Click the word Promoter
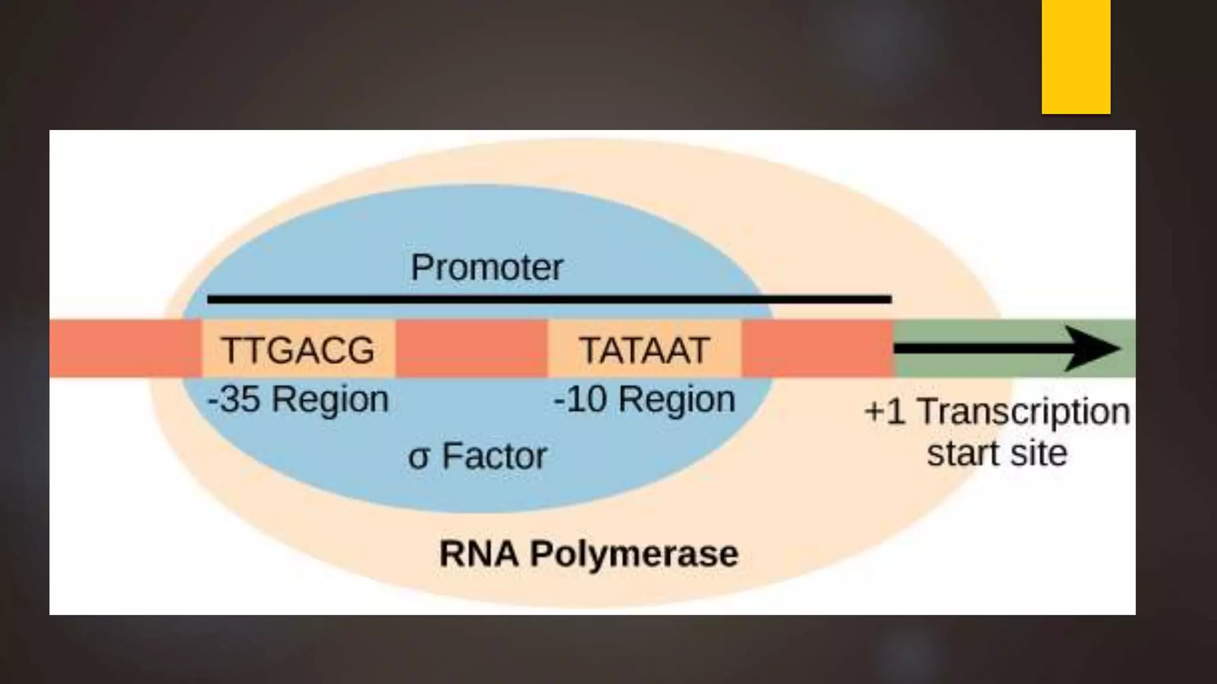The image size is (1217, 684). [487, 268]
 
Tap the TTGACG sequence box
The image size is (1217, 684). [298, 349]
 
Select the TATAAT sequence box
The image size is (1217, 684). [645, 349]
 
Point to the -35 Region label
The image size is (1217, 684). [298, 399]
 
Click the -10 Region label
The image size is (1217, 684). [645, 399]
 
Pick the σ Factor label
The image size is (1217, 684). [477, 456]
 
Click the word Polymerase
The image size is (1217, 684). [634, 554]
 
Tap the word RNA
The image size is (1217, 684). [478, 554]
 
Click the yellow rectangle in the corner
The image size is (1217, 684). [1076, 56]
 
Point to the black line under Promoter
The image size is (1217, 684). [549, 299]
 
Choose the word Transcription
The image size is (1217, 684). [1023, 411]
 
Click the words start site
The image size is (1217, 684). [997, 454]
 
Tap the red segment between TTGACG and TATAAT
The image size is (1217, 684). [471, 349]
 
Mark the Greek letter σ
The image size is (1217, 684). [418, 458]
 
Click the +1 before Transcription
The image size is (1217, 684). [885, 411]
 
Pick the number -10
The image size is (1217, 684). [579, 399]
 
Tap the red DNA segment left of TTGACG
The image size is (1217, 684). [125, 349]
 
